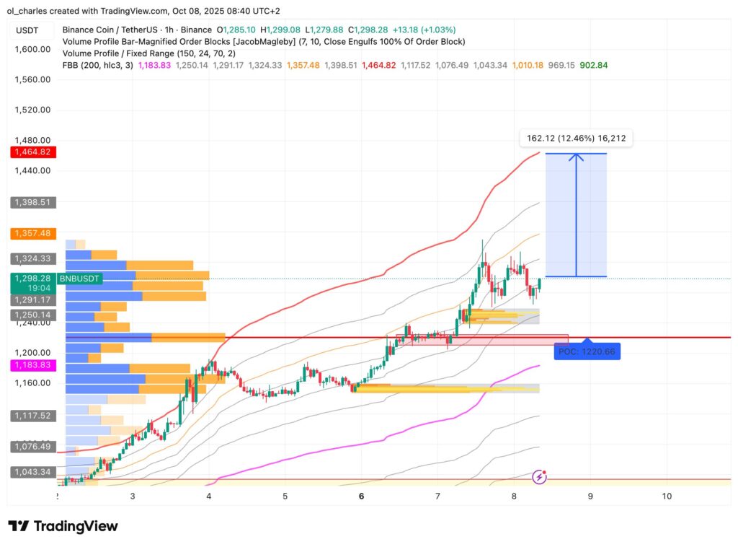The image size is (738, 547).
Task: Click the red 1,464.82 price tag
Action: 29,152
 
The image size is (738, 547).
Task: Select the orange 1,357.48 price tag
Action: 29,234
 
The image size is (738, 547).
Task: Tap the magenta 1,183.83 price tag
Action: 29,366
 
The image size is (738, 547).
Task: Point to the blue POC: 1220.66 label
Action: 587,352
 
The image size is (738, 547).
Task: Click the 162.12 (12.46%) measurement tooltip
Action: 576,139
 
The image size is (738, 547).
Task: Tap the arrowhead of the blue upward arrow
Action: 576,158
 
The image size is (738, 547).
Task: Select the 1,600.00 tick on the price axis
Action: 32,49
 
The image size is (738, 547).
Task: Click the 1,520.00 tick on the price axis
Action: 32,110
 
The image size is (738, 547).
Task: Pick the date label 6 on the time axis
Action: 361,496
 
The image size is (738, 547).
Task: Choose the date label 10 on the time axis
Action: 667,496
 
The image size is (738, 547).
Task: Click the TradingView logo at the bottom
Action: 63,526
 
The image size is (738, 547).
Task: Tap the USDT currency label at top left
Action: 27,30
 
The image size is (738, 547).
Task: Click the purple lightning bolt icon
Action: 539,476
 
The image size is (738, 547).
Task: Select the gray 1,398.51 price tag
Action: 29,203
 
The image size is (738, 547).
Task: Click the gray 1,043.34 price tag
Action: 29,472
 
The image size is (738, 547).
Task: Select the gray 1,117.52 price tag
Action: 29,416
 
